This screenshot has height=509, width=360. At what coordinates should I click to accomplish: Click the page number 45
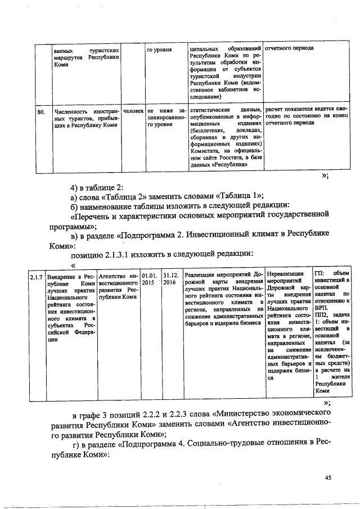(x=329, y=478)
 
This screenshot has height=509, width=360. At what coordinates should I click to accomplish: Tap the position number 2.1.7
(x=37, y=277)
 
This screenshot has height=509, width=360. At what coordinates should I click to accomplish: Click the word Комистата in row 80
(x=209, y=150)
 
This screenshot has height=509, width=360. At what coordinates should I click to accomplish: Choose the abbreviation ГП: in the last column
(x=319, y=273)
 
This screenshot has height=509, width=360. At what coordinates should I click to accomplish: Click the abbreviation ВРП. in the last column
(x=321, y=309)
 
